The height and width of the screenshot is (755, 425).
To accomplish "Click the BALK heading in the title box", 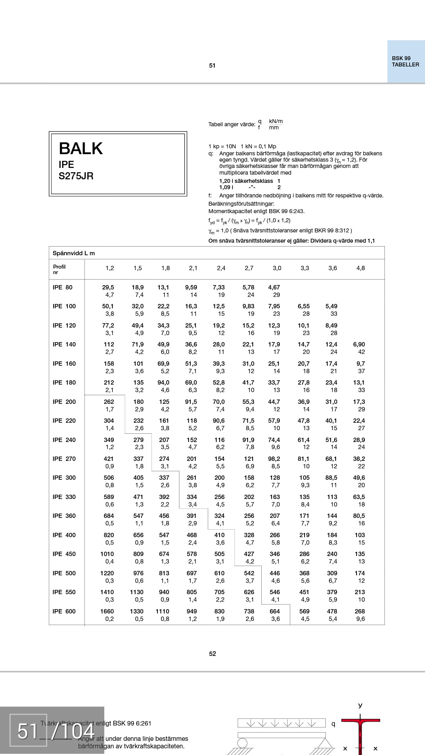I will coord(81,149).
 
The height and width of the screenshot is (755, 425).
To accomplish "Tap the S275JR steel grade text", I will coord(76,176).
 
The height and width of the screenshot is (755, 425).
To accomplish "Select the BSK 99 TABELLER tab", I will coord(405,62).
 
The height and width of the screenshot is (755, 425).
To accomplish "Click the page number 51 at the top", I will coord(212,66).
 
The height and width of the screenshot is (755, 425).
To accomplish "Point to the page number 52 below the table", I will coord(213,654).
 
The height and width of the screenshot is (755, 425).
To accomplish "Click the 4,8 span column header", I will coord(360,268).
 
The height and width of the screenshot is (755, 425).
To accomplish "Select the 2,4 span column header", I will coord(221,268).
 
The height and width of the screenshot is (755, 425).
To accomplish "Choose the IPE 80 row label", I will coord(63,287).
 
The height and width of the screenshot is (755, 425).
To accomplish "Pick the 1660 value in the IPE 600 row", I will coord(107,611).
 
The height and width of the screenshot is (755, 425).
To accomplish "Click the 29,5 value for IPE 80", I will coord(108,287).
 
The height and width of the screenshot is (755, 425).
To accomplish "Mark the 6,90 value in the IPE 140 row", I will coord(359,344).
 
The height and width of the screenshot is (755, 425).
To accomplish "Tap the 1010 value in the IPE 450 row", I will coord(107,554).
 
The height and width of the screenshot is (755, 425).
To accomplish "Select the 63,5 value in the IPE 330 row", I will coord(359,497).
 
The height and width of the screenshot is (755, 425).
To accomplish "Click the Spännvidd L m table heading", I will coord(74,253).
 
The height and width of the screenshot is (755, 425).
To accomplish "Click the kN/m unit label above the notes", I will coord(275,122).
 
